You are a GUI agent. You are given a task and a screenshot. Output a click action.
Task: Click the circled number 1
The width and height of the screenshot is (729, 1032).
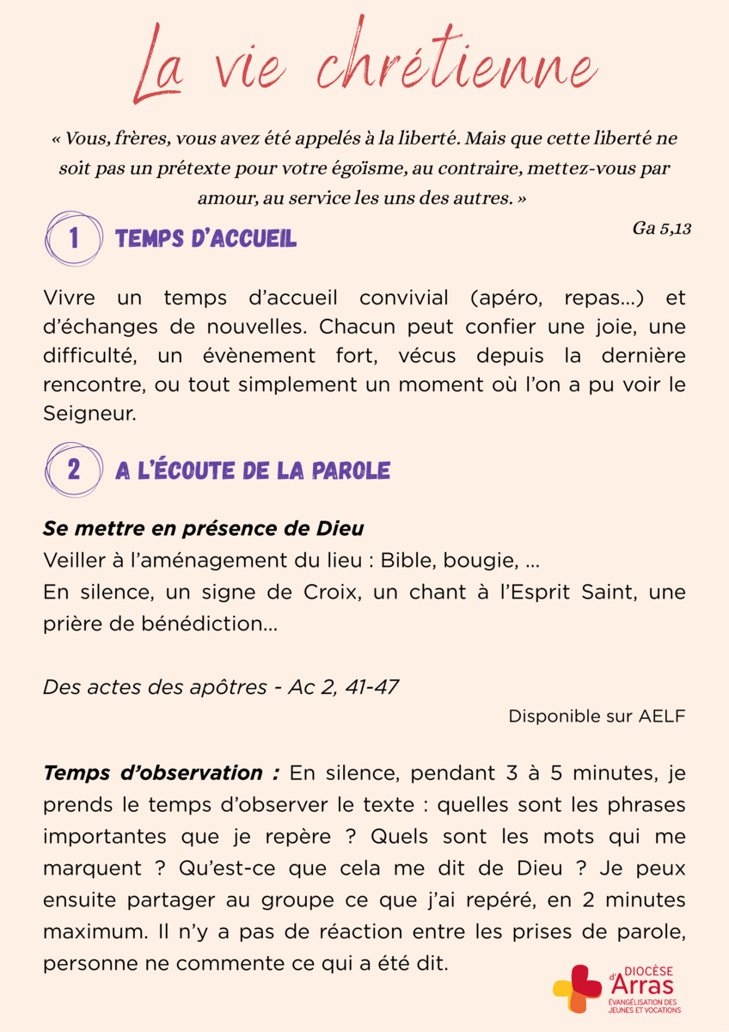73,238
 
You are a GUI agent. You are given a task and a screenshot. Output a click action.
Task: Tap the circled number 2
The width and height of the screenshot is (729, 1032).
73,470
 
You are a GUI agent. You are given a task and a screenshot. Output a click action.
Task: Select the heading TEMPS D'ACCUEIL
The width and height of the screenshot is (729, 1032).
205,239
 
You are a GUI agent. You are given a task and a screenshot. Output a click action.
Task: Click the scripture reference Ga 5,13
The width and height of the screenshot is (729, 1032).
662,229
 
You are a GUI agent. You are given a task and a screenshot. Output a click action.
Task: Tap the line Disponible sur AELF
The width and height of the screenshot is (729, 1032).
597,716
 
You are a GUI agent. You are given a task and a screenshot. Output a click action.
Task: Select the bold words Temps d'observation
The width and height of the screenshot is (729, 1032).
161,772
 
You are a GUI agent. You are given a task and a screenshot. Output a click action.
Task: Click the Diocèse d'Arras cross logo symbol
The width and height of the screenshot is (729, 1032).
577,989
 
